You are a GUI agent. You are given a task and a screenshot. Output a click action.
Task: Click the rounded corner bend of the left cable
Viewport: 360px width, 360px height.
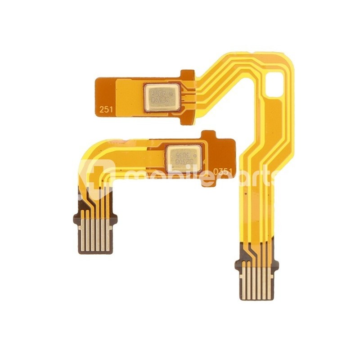point(92,153)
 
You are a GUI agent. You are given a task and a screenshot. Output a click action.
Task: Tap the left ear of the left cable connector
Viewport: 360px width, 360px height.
point(77,220)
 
